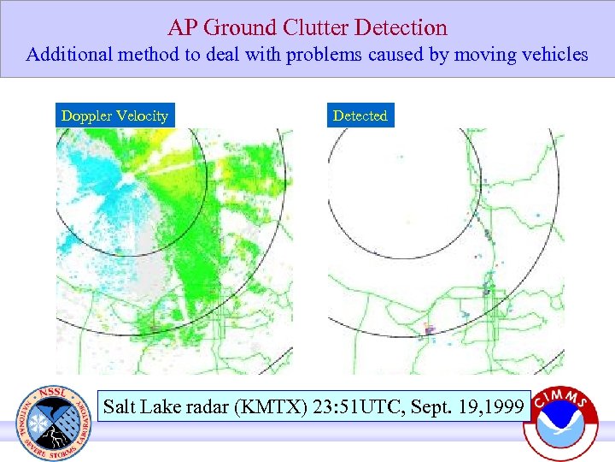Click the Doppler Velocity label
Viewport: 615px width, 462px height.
pyautogui.click(x=114, y=115)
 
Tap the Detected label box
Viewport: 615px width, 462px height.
pyautogui.click(x=360, y=115)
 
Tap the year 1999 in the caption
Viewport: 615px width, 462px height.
pyautogui.click(x=501, y=406)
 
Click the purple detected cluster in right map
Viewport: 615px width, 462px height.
pyautogui.click(x=430, y=328)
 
